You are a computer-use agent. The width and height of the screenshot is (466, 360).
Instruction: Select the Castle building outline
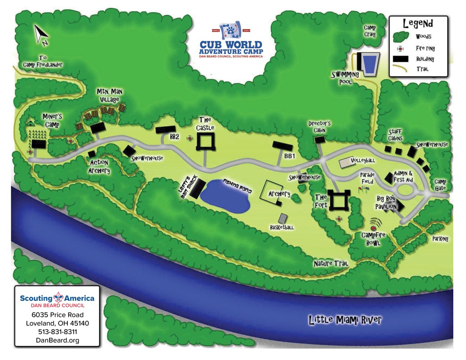click(x=205, y=142)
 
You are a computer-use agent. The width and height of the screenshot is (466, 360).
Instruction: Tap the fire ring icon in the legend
click(x=400, y=48)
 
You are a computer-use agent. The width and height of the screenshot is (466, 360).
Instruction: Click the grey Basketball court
click(x=283, y=218)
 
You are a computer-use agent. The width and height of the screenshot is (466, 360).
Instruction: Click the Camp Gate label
click(x=440, y=184)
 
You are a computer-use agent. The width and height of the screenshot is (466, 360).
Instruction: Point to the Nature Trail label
click(x=330, y=264)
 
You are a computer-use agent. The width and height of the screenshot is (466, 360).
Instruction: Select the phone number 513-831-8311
click(x=57, y=332)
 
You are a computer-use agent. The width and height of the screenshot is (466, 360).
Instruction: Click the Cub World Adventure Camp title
click(x=231, y=48)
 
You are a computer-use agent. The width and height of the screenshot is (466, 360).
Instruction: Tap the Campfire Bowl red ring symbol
click(x=374, y=224)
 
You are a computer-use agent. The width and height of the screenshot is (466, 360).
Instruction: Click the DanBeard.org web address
click(x=57, y=340)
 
